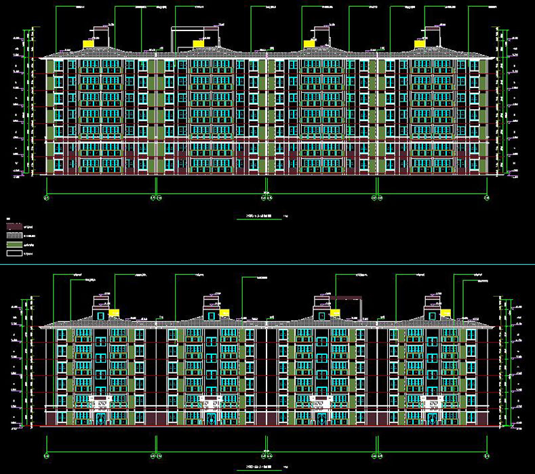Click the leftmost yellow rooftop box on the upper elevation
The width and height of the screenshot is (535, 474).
[x=88, y=44]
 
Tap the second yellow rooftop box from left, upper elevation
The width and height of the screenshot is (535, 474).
[x=198, y=44]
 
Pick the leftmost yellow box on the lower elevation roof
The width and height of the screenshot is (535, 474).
[x=113, y=313]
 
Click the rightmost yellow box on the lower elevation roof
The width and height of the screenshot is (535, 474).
[x=445, y=313]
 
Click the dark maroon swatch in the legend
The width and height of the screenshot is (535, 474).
[x=15, y=225]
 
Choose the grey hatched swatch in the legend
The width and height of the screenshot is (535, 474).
[x=15, y=234]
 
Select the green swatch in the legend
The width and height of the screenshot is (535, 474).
[x=15, y=244]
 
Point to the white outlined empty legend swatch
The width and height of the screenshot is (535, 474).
[x=15, y=253]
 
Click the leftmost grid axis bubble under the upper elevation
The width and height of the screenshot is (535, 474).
[x=46, y=198]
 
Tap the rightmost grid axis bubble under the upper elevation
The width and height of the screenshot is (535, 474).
[x=486, y=198]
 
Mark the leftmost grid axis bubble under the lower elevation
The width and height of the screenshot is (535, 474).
[x=46, y=454]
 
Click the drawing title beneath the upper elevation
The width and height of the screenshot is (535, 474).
[x=254, y=217]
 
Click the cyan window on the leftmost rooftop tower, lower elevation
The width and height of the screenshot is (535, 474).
[x=100, y=314]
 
